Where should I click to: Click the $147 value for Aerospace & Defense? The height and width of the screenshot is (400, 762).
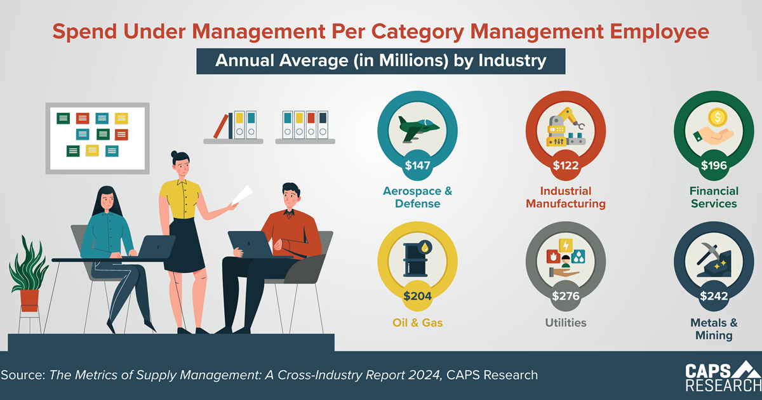(x=418, y=166)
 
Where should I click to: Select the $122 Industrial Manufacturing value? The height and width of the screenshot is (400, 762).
(x=566, y=166)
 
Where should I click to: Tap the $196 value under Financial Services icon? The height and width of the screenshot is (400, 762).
(x=714, y=166)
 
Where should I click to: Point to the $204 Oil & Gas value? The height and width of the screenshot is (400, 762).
(x=418, y=296)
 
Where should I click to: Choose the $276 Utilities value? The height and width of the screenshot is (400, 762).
(x=566, y=296)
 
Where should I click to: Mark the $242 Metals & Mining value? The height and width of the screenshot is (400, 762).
(x=714, y=296)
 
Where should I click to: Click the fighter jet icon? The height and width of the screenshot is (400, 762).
(x=417, y=128)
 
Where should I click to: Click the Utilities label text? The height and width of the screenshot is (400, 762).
(x=566, y=323)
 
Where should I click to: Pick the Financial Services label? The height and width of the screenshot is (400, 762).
(x=714, y=197)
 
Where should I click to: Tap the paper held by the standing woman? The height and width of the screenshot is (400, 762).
(x=242, y=194)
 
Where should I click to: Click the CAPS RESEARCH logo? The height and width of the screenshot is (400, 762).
(x=722, y=377)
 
